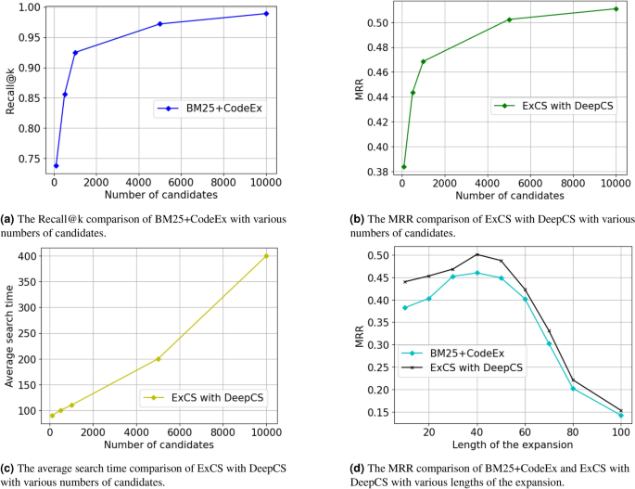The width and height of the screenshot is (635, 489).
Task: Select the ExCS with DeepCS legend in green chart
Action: coord(562,106)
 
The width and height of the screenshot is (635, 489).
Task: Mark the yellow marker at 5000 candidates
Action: coord(159,359)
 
